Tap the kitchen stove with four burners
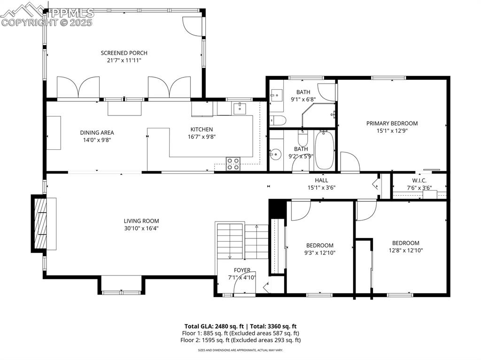click(233, 164)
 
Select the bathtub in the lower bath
click(324, 150)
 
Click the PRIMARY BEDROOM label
click(392, 123)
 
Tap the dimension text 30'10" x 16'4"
click(141, 229)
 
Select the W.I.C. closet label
click(419, 180)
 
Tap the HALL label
click(321, 180)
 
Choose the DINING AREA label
click(97, 132)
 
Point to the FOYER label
click(242, 270)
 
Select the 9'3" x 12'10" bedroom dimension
click(320, 253)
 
